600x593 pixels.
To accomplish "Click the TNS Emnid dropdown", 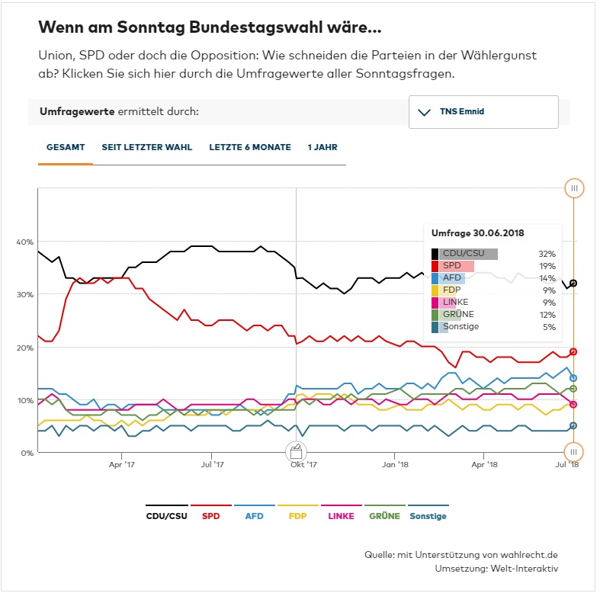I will click(x=483, y=112).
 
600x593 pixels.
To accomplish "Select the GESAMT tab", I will click(x=66, y=147).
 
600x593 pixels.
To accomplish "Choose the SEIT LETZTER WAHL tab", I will click(x=147, y=147).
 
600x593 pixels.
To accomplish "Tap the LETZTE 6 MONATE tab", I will click(x=250, y=147).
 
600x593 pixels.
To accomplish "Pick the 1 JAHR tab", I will click(x=322, y=147).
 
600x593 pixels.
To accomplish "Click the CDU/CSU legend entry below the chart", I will click(x=166, y=516).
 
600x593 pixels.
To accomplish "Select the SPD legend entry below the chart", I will click(x=211, y=516).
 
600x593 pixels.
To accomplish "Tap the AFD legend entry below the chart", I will click(x=255, y=516).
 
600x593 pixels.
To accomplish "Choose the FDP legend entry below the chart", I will click(x=299, y=516).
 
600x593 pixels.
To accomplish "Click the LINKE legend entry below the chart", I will click(x=341, y=516).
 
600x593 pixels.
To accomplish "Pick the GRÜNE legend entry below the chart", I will click(x=384, y=516).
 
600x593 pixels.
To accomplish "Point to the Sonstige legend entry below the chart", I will click(x=428, y=516).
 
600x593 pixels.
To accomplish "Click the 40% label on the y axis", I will click(x=24, y=242).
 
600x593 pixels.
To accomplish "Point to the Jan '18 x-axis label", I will click(x=394, y=463).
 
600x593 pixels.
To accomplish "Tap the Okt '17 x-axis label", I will click(x=303, y=463).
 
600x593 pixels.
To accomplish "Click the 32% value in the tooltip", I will click(x=547, y=254).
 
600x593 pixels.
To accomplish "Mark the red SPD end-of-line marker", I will click(x=573, y=351).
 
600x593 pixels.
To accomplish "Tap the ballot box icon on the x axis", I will click(x=296, y=451).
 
